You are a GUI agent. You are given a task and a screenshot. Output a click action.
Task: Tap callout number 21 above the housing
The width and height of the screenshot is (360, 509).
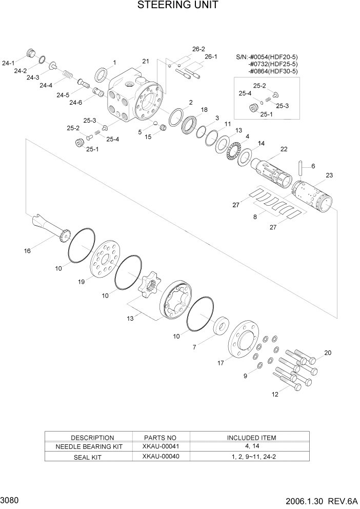pyautogui.click(x=146, y=62)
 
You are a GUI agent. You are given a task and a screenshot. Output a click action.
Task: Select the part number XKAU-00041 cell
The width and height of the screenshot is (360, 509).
pyautogui.click(x=161, y=446)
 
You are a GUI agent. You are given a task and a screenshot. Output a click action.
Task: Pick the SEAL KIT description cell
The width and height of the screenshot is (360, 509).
pyautogui.click(x=92, y=456)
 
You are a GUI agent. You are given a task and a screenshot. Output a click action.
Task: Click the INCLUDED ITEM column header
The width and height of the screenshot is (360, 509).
pyautogui.click(x=251, y=438)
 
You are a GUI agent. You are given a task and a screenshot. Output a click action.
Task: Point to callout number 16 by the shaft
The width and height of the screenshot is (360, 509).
pyautogui.click(x=27, y=251)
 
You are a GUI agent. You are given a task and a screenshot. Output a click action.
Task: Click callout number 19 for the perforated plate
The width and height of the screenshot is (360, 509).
pyautogui.click(x=81, y=282)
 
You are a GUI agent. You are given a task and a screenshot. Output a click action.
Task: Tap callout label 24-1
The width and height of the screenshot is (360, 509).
pyautogui.click(x=8, y=63)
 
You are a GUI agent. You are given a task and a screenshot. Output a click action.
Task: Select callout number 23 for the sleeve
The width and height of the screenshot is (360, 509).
pyautogui.click(x=329, y=175)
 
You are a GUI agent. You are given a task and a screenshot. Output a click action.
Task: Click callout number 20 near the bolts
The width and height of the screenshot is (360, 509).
pyautogui.click(x=328, y=353)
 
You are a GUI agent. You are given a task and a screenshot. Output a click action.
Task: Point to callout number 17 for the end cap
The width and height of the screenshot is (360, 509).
pyautogui.click(x=221, y=363)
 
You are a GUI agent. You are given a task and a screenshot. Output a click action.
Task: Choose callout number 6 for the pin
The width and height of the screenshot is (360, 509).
pyautogui.click(x=313, y=166)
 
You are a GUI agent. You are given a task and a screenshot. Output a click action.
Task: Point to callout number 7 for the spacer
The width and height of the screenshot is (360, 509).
pyautogui.click(x=194, y=347)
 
